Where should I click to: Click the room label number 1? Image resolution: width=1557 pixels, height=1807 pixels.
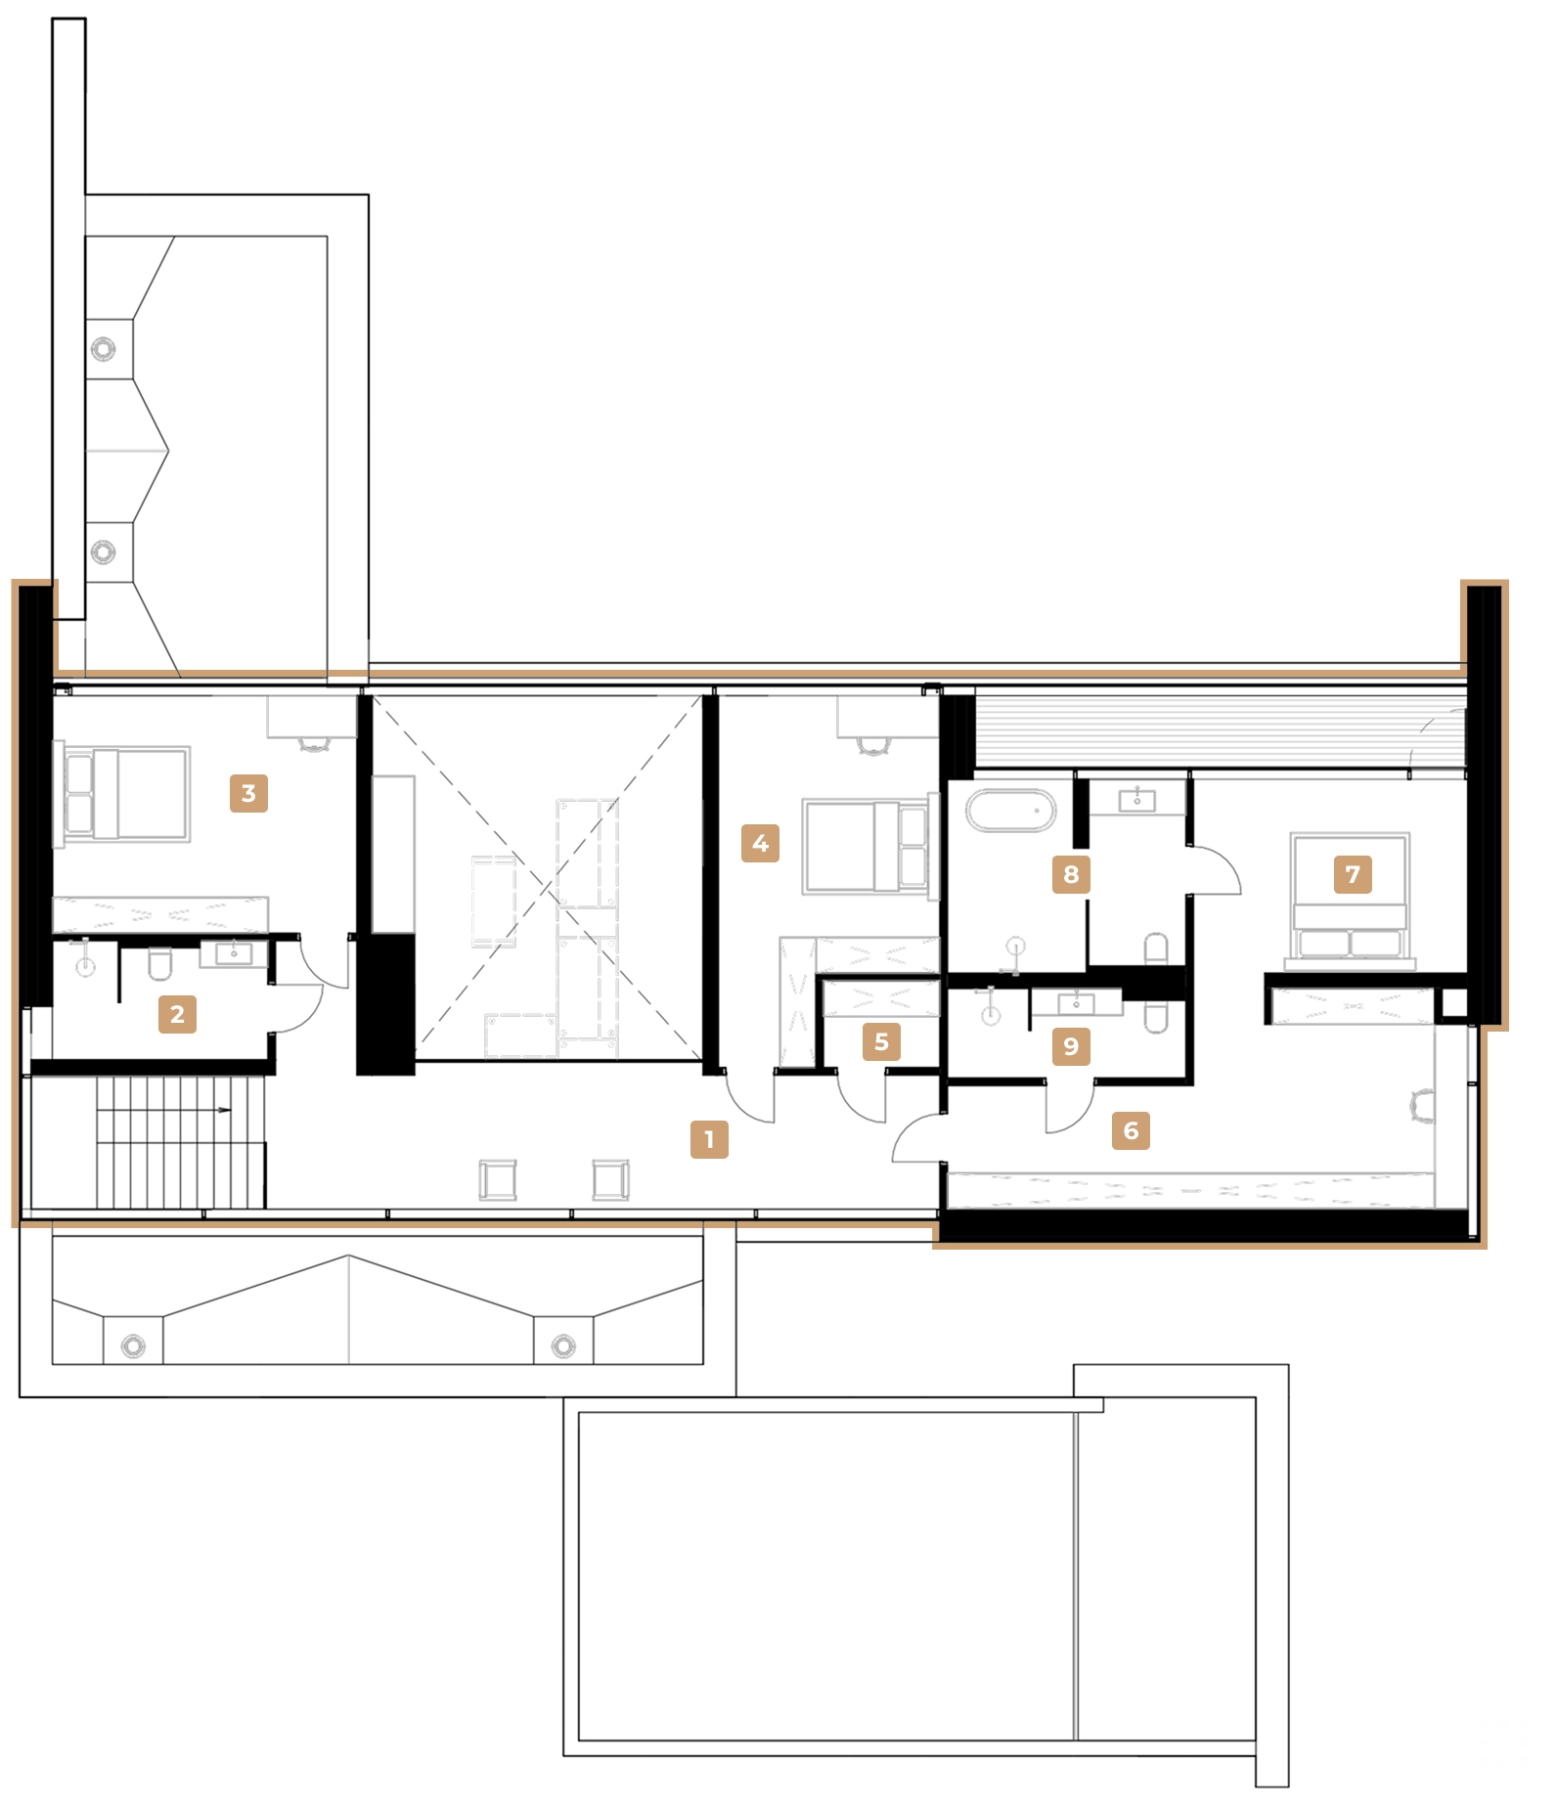[x=709, y=1139]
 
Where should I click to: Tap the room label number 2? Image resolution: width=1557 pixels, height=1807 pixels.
[x=177, y=1014]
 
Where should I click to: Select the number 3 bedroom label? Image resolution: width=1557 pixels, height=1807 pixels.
[x=248, y=793]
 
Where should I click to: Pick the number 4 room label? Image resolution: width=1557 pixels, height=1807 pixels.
[x=760, y=843]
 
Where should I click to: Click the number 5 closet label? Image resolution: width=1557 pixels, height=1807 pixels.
[x=881, y=1042]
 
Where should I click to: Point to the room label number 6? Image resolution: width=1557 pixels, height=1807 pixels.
[x=1131, y=1130]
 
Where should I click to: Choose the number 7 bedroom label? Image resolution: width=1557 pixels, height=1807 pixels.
[x=1353, y=874]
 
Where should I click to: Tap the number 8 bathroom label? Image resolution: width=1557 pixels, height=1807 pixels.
[x=1071, y=874]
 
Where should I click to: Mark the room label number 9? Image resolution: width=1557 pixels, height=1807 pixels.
[x=1071, y=1046]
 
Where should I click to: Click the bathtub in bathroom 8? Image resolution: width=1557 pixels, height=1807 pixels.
[x=1010, y=811]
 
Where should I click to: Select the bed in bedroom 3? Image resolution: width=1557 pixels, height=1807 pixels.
[x=127, y=794]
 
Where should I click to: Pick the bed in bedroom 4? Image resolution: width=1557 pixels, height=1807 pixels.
[x=865, y=847]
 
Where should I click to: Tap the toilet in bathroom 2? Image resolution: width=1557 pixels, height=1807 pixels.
[x=160, y=964]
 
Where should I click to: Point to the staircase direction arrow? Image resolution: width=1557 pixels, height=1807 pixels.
[x=224, y=1110]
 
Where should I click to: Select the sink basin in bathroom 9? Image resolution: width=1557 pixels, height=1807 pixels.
[x=1076, y=1004]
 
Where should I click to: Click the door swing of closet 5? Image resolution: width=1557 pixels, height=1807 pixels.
[x=861, y=1100]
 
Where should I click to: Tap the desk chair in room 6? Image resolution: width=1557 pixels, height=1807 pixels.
[x=1422, y=1106]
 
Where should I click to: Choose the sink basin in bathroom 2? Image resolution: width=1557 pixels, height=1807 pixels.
[x=234, y=953]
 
